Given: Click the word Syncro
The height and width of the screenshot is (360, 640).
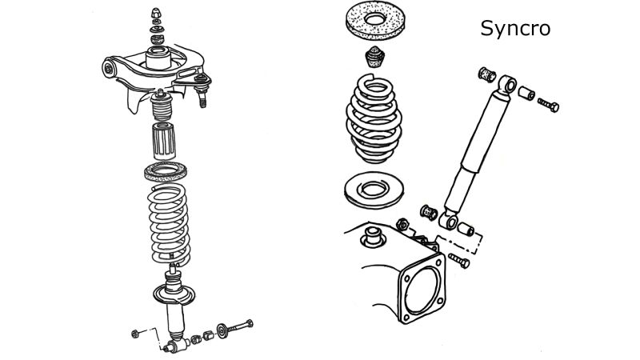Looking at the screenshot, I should click(x=515, y=29).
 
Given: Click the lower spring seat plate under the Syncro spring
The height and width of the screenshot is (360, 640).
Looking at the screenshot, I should click(x=374, y=190).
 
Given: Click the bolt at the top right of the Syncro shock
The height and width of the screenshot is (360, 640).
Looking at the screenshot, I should click(x=546, y=104).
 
